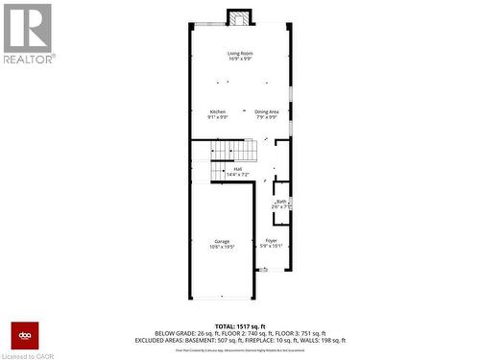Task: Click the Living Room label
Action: (x=239, y=53)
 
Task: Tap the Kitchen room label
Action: (x=218, y=111)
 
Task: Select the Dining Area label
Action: (x=267, y=111)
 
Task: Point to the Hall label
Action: (x=237, y=169)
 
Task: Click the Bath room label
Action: (x=281, y=201)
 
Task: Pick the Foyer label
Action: (x=272, y=240)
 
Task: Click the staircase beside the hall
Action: (x=236, y=152)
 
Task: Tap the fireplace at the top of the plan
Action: (x=239, y=17)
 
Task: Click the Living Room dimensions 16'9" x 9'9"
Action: (x=239, y=59)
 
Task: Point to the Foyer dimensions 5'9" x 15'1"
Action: (x=272, y=246)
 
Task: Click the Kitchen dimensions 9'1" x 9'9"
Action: (x=218, y=117)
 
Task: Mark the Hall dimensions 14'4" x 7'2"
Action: (x=237, y=175)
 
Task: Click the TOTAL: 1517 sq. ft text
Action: (x=239, y=326)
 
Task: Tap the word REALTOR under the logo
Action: (x=28, y=58)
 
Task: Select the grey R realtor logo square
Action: (x=27, y=27)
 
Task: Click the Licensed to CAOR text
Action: (x=29, y=355)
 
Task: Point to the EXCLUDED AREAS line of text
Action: (x=239, y=340)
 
